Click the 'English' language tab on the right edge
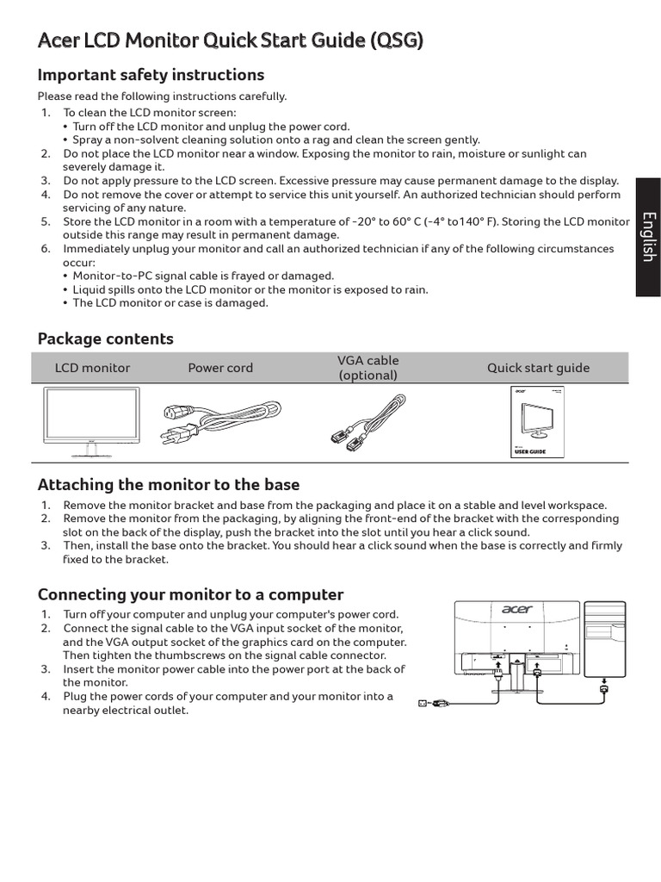click(648, 237)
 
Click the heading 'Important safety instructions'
click(151, 75)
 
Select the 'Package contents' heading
click(106, 339)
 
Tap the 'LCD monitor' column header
click(92, 368)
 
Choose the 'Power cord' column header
click(220, 368)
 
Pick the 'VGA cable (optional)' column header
click(368, 368)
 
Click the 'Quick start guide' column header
click(538, 368)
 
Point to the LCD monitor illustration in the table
click(92, 417)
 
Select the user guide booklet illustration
click(538, 422)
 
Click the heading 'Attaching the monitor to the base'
click(169, 485)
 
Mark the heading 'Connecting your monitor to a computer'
click(190, 594)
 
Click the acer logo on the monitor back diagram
click(516, 610)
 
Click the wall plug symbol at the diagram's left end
click(422, 702)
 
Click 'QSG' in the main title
click(395, 40)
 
